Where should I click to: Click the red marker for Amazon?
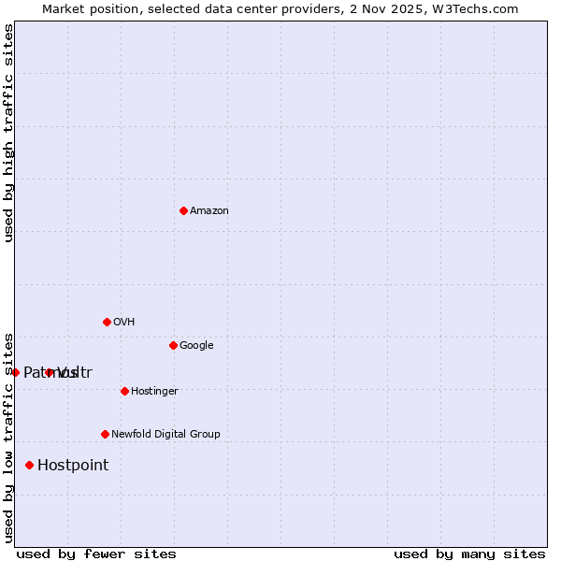click(183, 210)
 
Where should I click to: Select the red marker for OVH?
click(107, 322)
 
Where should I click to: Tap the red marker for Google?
click(173, 345)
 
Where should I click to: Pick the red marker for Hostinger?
click(124, 391)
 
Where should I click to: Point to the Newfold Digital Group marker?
click(105, 434)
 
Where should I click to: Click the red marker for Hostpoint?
click(29, 465)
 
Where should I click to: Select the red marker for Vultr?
click(50, 372)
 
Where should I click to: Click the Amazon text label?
click(209, 211)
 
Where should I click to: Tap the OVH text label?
click(124, 323)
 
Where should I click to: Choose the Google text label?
click(196, 346)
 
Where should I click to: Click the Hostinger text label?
click(154, 392)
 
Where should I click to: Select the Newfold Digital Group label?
click(165, 435)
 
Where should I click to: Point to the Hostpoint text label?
click(73, 466)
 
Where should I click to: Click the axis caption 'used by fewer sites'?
click(96, 554)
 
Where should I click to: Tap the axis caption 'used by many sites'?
click(469, 554)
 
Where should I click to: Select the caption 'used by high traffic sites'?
click(8, 133)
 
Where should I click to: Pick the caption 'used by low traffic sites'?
click(8, 437)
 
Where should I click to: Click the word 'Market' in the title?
click(65, 8)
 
